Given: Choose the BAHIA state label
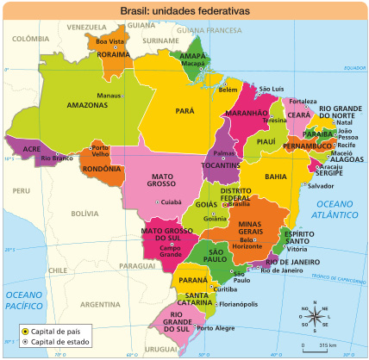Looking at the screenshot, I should [x=275, y=176].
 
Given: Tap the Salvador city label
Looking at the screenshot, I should [x=320, y=185].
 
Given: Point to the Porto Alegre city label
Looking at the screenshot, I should [x=216, y=328].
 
